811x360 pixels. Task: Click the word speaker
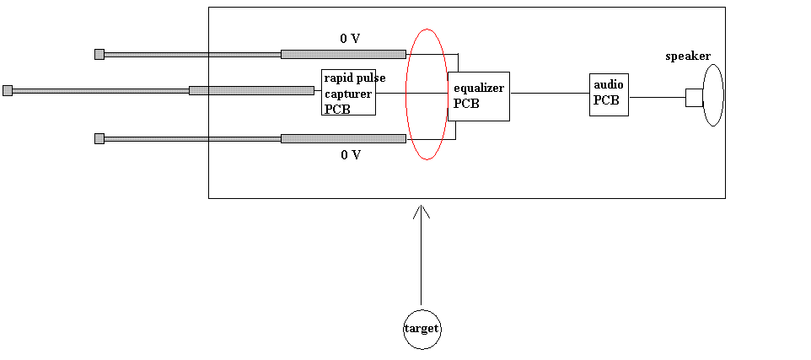pyautogui.click(x=688, y=56)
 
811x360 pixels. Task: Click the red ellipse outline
pyautogui.click(x=406, y=94)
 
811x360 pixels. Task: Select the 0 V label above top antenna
pyautogui.click(x=350, y=38)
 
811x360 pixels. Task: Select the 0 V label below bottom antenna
pyautogui.click(x=351, y=154)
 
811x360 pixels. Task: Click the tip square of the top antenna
pyautogui.click(x=99, y=54)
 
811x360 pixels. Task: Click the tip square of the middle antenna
pyautogui.click(x=8, y=91)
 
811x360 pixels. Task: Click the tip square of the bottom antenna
pyautogui.click(x=99, y=138)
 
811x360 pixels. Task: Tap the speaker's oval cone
pyautogui.click(x=703, y=95)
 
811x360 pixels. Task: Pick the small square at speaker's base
pyautogui.click(x=694, y=98)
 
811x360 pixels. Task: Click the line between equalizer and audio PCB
pyautogui.click(x=550, y=94)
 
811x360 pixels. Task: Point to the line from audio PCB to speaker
pyautogui.click(x=658, y=97)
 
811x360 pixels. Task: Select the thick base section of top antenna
pyautogui.click(x=343, y=54)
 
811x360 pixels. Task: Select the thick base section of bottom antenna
pyautogui.click(x=343, y=138)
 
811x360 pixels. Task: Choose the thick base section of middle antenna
pyautogui.click(x=251, y=91)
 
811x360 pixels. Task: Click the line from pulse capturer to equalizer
pyautogui.click(x=411, y=94)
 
